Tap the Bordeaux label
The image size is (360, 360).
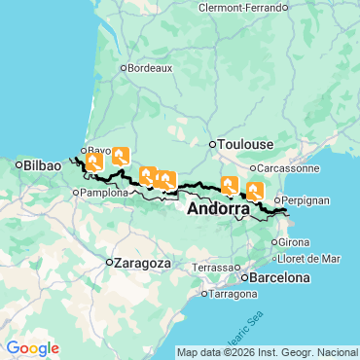coord(151,68)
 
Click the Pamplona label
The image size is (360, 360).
coord(104,193)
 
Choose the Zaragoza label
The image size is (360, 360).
coord(142,263)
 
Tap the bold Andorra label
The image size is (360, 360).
coord(217,208)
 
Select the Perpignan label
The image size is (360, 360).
coord(306,199)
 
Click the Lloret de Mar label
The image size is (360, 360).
coord(309,259)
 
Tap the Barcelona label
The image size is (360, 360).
coord(279,277)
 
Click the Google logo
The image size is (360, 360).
coord(32,348)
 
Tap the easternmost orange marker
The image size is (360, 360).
coord(255,191)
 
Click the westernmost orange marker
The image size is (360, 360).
coord(94,162)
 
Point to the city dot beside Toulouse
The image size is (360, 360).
coord(212,145)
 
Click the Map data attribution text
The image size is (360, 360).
coord(268,352)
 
